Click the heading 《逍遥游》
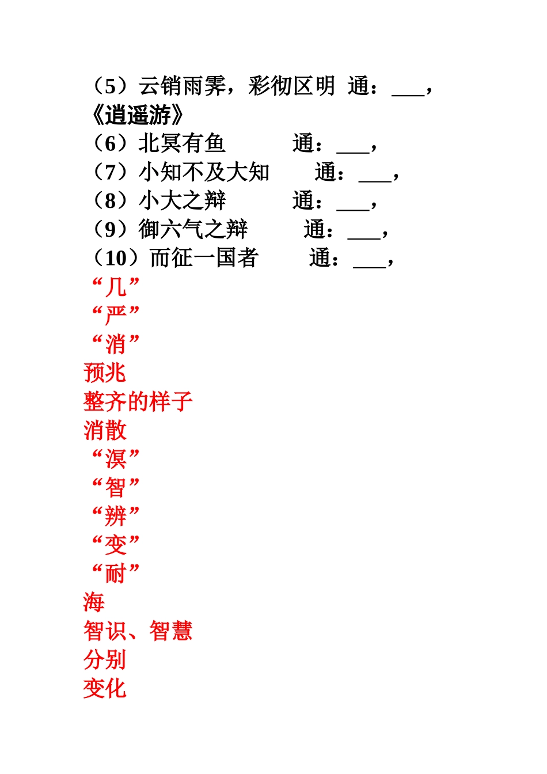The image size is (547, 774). click(138, 115)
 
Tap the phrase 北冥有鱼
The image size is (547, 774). click(182, 143)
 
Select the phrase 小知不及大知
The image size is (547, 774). click(204, 172)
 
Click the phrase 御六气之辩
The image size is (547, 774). click(193, 229)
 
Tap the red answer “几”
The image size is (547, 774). click(116, 286)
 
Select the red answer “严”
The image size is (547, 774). click(116, 315)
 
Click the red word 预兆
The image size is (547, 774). click(105, 373)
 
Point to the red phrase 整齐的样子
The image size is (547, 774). click(138, 401)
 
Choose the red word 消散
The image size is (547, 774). click(105, 430)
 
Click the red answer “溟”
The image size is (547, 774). click(116, 459)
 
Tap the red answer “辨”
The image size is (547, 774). click(116, 516)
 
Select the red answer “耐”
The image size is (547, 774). click(116, 574)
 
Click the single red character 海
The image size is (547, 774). click(94, 602)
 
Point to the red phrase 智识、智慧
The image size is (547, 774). click(138, 631)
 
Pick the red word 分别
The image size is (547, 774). click(105, 660)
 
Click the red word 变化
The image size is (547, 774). click(105, 689)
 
